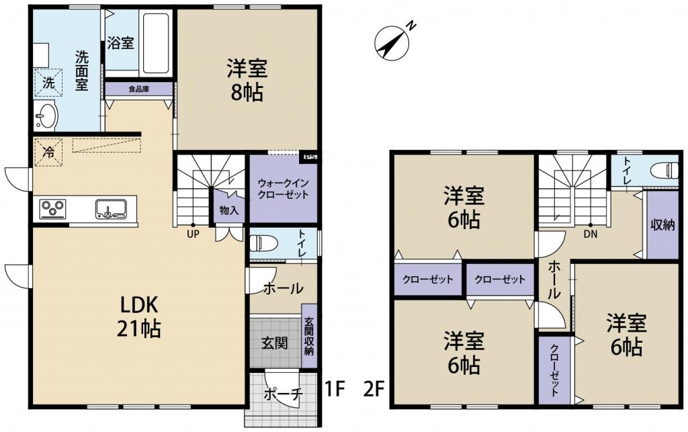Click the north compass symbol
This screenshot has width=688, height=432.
392,42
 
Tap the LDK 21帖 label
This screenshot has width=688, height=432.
138,316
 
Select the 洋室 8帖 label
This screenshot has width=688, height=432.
247,80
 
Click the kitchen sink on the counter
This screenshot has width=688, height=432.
111,209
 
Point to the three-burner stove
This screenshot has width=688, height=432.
52,208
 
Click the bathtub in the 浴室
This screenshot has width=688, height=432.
156,42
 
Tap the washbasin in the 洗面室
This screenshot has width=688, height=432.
46,116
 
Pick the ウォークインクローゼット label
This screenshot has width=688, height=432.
283,189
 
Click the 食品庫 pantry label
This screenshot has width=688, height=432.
138,89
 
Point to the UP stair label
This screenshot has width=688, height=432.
193,234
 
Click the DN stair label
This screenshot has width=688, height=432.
590,234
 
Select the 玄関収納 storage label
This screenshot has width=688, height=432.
309,336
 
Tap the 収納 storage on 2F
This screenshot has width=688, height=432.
662,225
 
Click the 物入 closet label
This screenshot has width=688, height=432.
229,210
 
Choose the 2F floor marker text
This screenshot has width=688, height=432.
374,389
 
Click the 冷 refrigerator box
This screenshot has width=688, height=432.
48,153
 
